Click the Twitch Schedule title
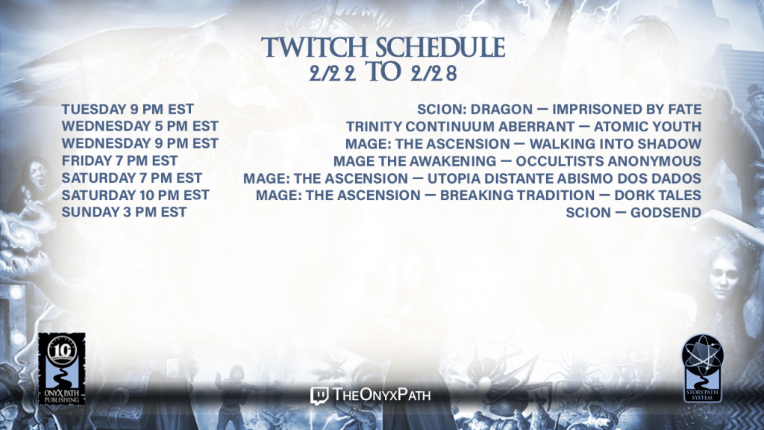[x=383, y=48]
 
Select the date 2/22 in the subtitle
[x=332, y=73]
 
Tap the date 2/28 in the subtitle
[x=433, y=73]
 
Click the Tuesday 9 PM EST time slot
[x=128, y=109]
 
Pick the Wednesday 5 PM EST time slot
[x=140, y=126]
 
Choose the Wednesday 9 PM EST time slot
[x=140, y=143]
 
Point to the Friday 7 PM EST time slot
[x=119, y=161]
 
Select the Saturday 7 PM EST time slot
[x=131, y=178]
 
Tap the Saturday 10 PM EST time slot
[x=136, y=195]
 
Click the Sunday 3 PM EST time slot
[x=124, y=212]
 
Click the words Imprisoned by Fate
[x=627, y=109]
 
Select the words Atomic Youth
[x=648, y=126]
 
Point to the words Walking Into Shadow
[x=616, y=144]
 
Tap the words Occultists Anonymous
[x=609, y=161]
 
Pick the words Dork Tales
[x=658, y=195]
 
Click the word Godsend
[x=666, y=213]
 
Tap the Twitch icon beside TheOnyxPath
[x=319, y=396]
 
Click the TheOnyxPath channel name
[x=381, y=394]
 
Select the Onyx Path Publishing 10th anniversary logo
[x=62, y=369]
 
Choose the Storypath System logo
[x=702, y=368]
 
